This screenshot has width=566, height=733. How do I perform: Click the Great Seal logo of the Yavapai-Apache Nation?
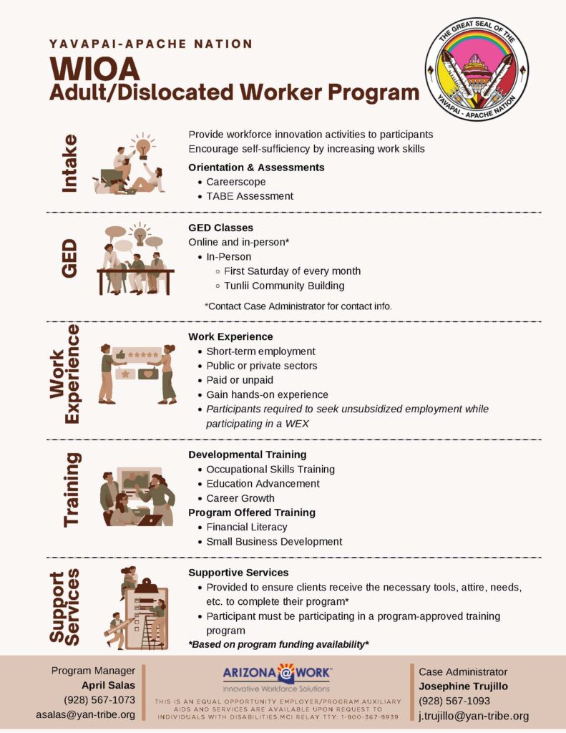476,69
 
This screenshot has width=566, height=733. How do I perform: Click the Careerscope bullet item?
235,182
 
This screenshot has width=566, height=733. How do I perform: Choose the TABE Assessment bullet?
250,196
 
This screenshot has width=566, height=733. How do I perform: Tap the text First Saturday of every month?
292,271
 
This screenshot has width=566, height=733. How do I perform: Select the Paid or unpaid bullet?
240,380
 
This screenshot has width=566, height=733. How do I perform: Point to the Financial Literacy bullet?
246,527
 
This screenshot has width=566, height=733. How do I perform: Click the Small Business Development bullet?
274,541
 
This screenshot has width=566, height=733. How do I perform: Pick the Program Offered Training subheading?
251,513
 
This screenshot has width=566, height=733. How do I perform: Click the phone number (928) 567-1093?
454,701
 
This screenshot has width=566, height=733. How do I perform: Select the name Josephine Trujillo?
464,686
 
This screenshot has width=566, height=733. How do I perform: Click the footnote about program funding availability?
278,644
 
